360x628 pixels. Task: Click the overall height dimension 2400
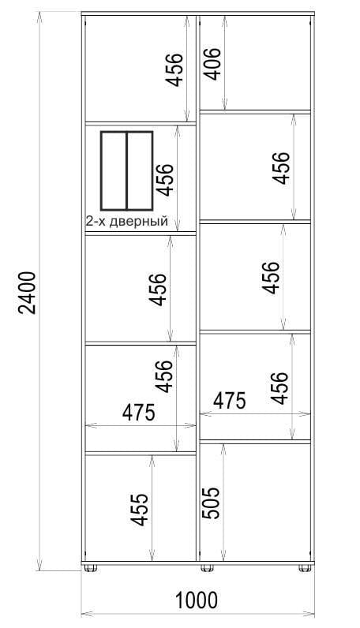tap(29, 293)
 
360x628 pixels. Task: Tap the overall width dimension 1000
tap(197, 600)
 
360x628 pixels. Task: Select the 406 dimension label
tap(212, 64)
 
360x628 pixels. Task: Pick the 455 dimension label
tap(141, 509)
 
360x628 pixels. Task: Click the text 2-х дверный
tap(126, 221)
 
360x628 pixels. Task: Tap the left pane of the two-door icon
tap(114, 170)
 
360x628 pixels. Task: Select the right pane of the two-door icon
tap(140, 170)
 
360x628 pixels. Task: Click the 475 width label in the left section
tap(139, 413)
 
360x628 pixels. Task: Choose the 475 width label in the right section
tap(229, 401)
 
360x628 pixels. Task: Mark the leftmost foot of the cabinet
tap(91, 567)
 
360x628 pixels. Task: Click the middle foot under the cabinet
tap(208, 567)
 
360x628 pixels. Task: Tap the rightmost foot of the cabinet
tap(305, 567)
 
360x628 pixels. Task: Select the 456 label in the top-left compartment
tap(175, 69)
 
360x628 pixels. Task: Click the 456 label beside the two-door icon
tap(165, 180)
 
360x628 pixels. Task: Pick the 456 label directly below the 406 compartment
tap(280, 168)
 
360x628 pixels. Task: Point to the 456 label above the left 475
tap(164, 376)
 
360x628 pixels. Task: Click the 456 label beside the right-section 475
tap(279, 388)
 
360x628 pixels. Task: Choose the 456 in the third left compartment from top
tap(157, 290)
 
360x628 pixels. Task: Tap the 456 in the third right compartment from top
tap(270, 278)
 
